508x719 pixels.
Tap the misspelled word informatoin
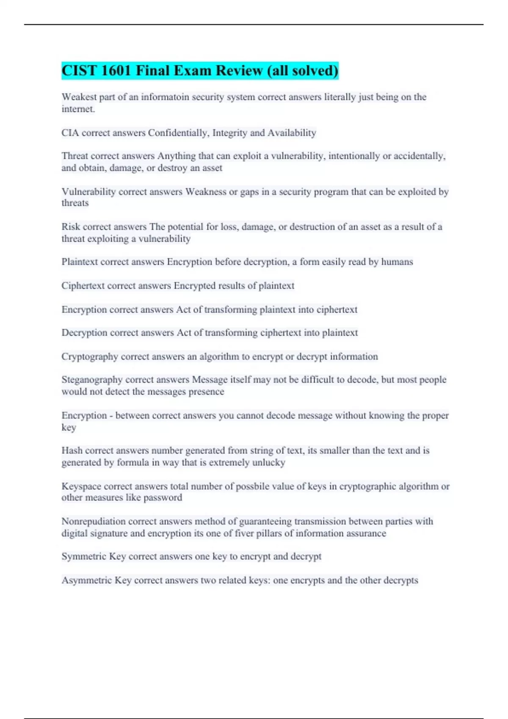click(x=165, y=97)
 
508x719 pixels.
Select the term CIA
click(x=70, y=133)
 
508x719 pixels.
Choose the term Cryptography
click(x=90, y=357)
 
